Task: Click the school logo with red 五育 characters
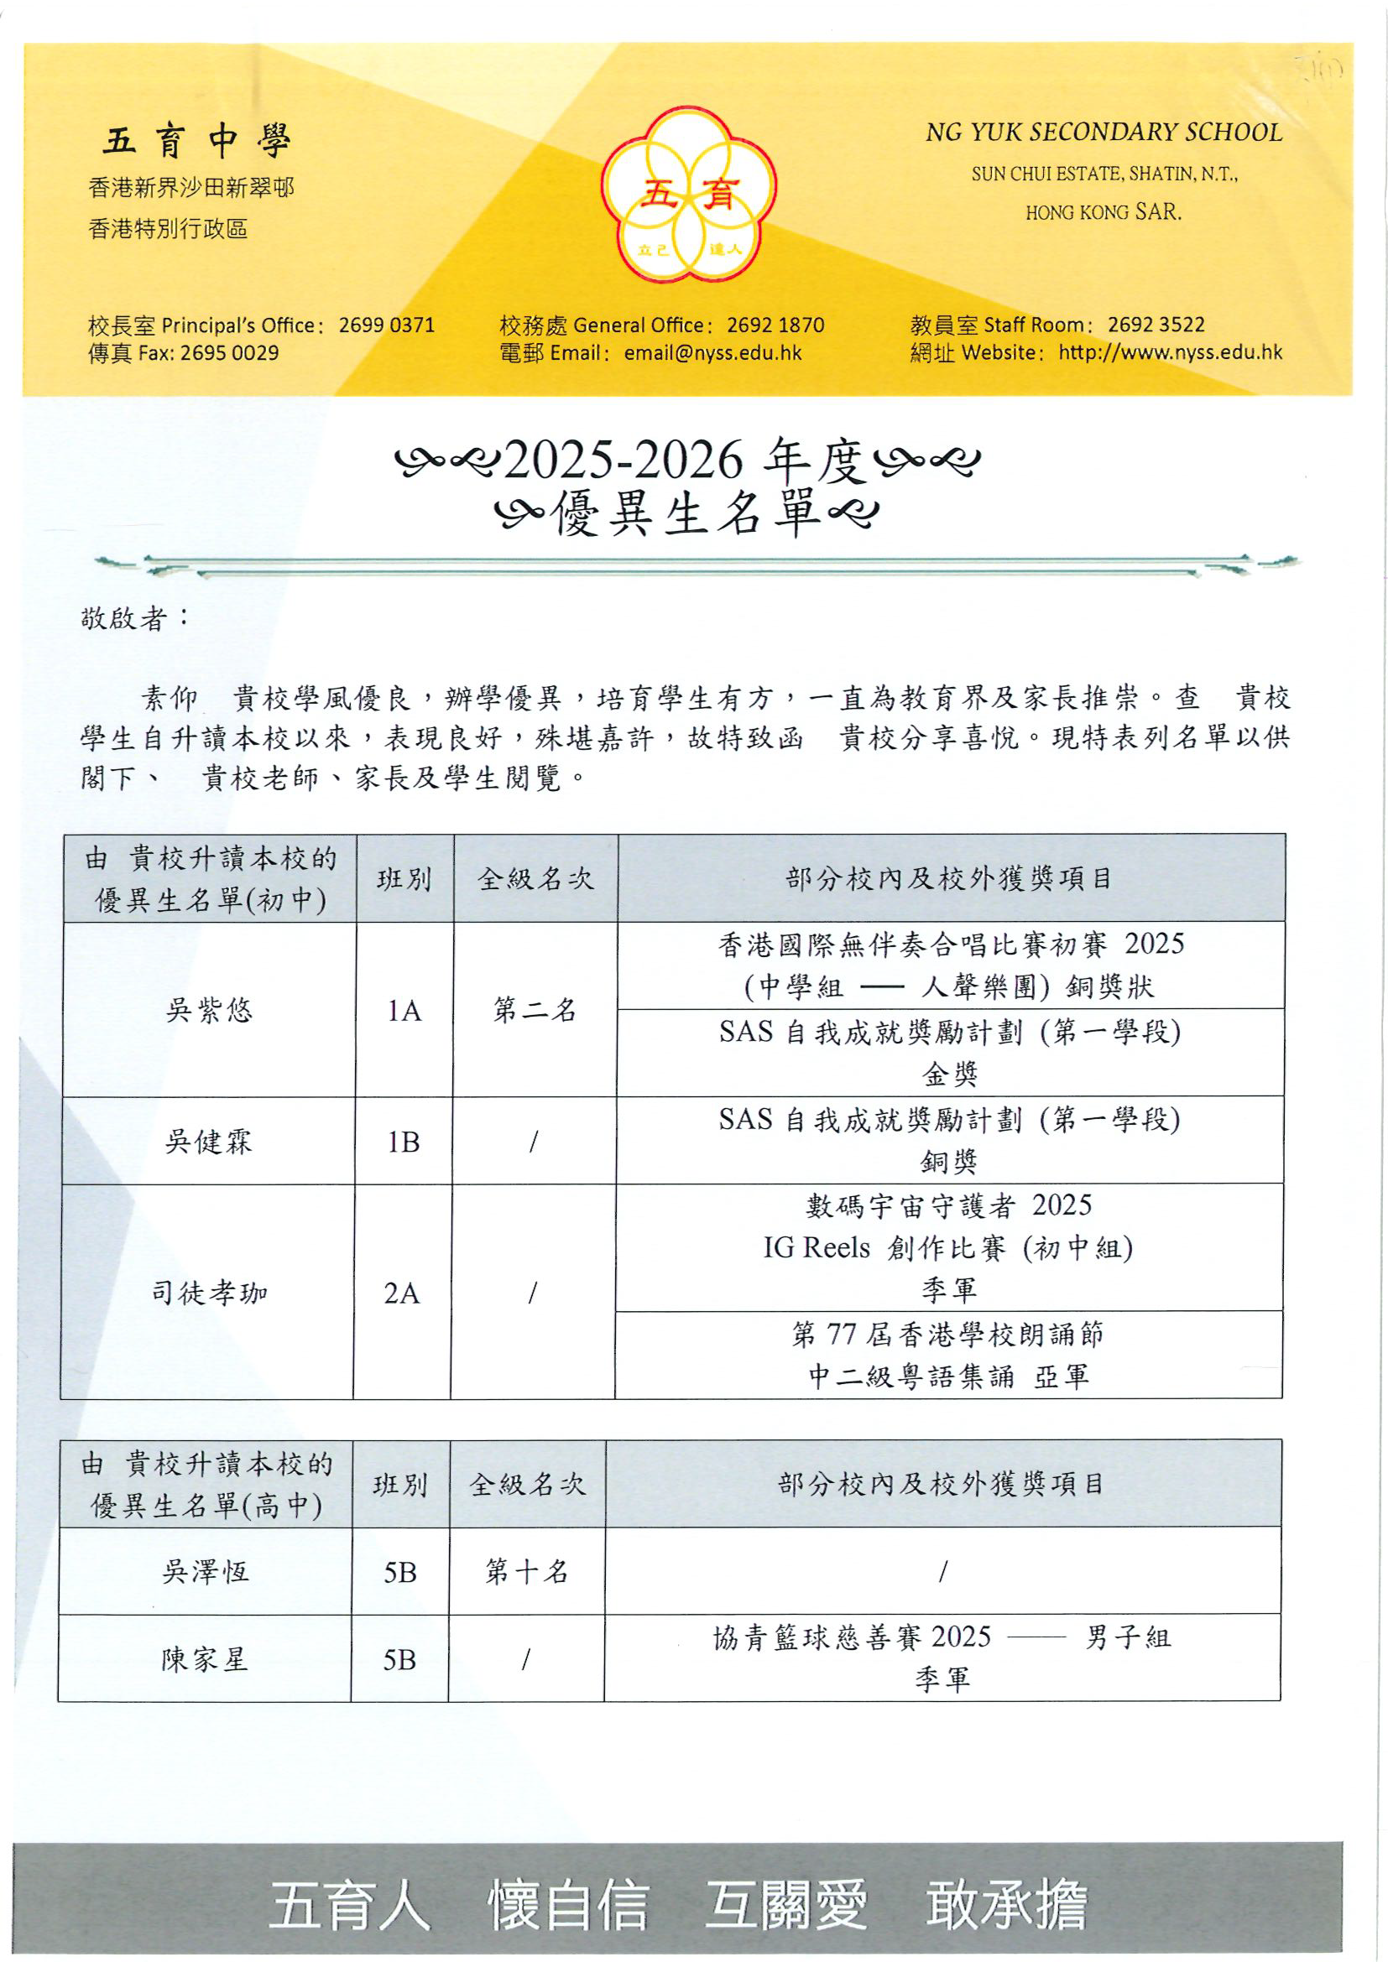[x=689, y=194]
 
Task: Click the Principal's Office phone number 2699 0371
[x=386, y=325]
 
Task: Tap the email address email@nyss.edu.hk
[x=712, y=353]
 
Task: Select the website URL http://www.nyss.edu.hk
[x=1170, y=353]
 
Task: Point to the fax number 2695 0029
[x=230, y=353]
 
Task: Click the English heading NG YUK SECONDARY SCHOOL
[x=1104, y=133]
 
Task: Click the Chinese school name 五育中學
[x=196, y=141]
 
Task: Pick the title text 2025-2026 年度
[x=686, y=461]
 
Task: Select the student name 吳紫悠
[x=210, y=1011]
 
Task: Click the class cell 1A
[x=404, y=1011]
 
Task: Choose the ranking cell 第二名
[x=535, y=1011]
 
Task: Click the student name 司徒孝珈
[x=210, y=1293]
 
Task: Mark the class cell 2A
[x=402, y=1293]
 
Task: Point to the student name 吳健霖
[x=210, y=1142]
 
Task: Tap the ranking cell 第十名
[x=526, y=1570]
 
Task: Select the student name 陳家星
[x=204, y=1659]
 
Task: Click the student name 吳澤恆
[x=205, y=1570]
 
